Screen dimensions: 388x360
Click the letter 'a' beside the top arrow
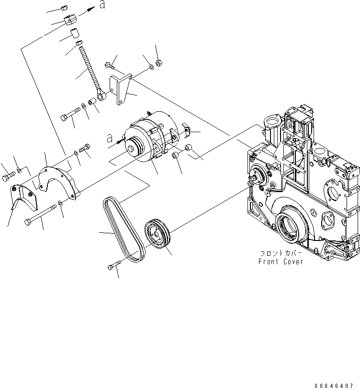(x=101, y=5)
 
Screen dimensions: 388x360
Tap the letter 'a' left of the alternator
(x=110, y=138)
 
